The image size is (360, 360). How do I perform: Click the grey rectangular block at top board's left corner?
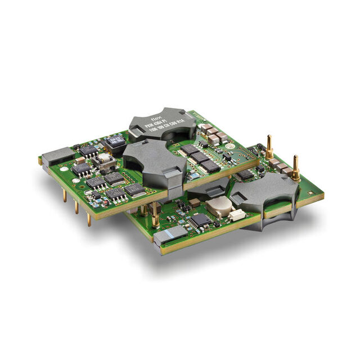click(57, 155)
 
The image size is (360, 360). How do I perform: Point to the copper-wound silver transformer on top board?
click(104, 162)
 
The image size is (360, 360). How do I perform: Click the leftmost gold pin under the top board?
click(64, 195)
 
